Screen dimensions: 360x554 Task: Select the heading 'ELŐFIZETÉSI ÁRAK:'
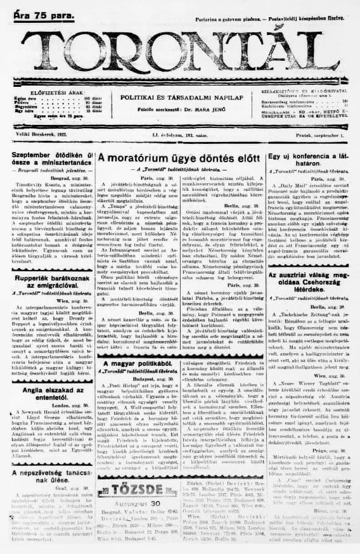coord(48,93)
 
